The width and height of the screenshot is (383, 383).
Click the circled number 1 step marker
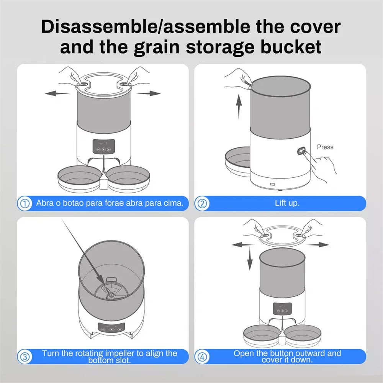tap(25, 203)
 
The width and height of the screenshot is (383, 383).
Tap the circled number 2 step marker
tap(202, 203)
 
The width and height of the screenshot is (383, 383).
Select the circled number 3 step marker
tap(25, 357)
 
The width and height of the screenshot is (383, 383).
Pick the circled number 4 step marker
tap(202, 357)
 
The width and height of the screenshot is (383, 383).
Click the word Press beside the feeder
tap(325, 147)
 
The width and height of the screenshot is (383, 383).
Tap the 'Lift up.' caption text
tap(287, 203)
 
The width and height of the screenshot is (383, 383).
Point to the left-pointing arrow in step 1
tap(57, 93)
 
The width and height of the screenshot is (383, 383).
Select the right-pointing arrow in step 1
tap(149, 93)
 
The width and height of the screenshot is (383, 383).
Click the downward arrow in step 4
tap(250, 258)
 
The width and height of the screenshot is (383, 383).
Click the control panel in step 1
tap(103, 147)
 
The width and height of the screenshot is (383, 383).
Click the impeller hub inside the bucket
tap(111, 295)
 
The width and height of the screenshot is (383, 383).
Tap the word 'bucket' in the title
tap(291, 47)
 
